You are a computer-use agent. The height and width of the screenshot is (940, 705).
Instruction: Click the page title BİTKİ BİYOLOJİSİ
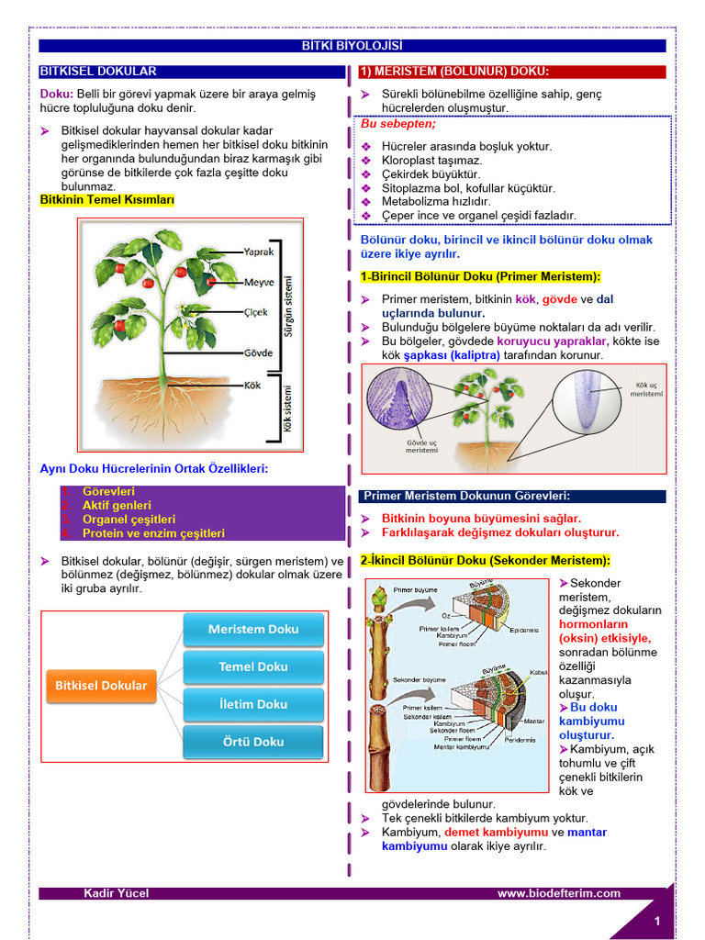click(x=352, y=46)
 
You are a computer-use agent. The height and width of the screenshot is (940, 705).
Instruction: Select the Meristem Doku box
click(x=253, y=629)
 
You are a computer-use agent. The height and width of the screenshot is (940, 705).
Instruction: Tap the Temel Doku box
click(x=253, y=666)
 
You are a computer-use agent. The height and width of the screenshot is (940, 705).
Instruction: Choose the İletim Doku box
click(x=253, y=704)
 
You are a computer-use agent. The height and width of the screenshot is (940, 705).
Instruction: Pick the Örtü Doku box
click(x=253, y=742)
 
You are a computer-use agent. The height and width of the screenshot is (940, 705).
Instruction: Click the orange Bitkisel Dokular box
click(x=101, y=685)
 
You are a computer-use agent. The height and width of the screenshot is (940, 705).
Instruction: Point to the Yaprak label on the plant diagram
click(x=258, y=252)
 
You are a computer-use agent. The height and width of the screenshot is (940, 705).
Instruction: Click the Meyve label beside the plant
click(x=259, y=282)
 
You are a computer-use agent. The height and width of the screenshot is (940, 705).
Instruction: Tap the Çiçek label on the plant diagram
click(x=256, y=312)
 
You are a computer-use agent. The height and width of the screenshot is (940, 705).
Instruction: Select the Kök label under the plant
click(x=252, y=386)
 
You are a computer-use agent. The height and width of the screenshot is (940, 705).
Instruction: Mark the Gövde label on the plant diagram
click(x=258, y=352)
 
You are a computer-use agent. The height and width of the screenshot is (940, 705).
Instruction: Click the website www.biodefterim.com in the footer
click(x=559, y=893)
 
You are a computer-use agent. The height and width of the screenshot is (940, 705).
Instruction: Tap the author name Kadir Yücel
click(x=116, y=893)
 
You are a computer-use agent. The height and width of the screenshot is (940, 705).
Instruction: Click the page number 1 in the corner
click(x=657, y=921)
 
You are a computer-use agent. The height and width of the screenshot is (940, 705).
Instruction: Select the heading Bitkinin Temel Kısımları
click(x=107, y=200)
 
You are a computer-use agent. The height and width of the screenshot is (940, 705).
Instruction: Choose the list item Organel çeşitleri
click(x=129, y=519)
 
